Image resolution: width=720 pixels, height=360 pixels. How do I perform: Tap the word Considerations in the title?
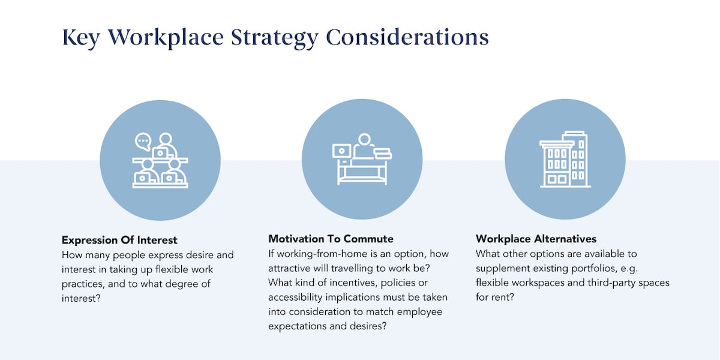(407, 37)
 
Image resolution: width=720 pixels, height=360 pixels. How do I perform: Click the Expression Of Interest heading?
(119, 239)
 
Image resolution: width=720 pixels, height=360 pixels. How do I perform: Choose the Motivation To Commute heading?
(331, 239)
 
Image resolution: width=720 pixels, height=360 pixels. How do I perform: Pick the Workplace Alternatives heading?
(536, 239)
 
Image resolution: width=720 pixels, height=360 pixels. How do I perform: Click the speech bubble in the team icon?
(143, 142)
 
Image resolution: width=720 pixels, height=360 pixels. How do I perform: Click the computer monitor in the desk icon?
(341, 150)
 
